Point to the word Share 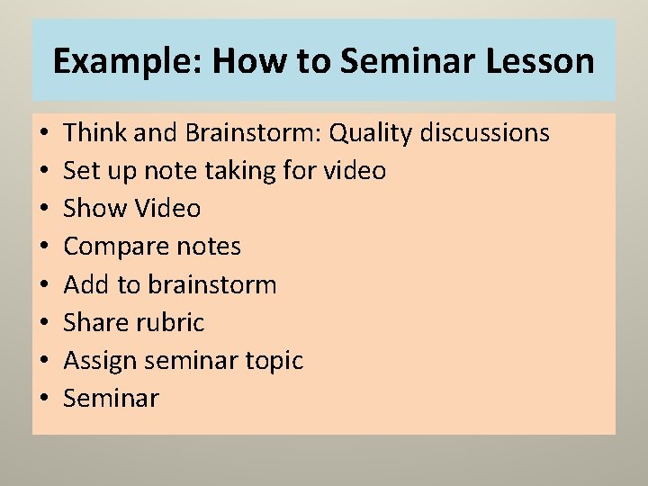pyautogui.click(x=95, y=323)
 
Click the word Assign pyautogui.click(x=100, y=362)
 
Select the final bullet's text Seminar pyautogui.click(x=112, y=399)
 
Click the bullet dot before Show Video pyautogui.click(x=43, y=210)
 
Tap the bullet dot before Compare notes pyautogui.click(x=43, y=247)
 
